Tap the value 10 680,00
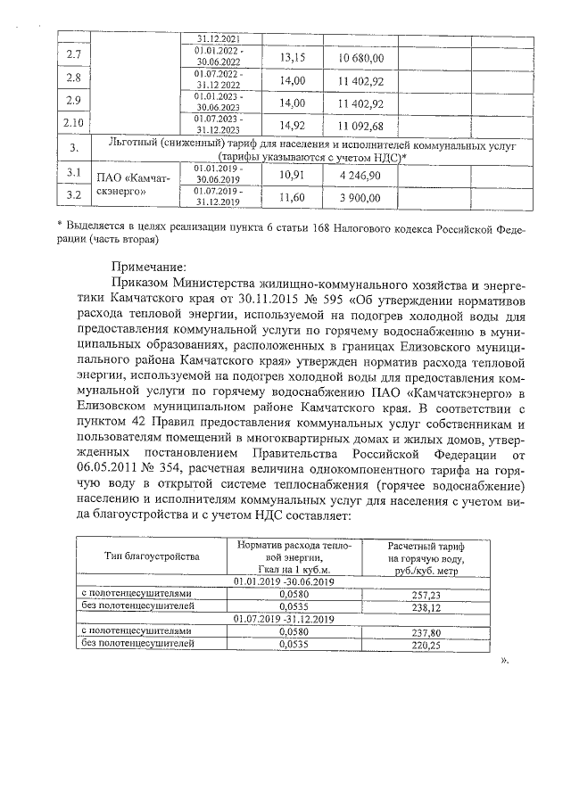pyautogui.click(x=361, y=58)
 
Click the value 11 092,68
pyautogui.click(x=361, y=125)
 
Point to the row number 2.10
pyautogui.click(x=75, y=123)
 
